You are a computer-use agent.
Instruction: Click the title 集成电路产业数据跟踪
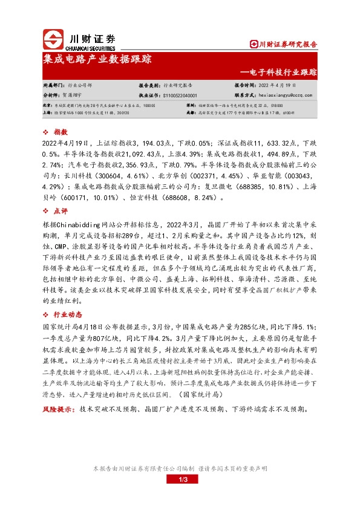97,60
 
